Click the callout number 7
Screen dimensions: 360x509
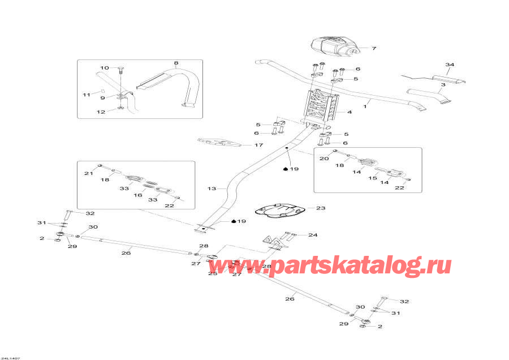[374, 49]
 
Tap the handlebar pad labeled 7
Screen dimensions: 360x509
[334, 46]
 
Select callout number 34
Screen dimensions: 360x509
[450, 65]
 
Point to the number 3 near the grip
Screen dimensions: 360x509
[444, 85]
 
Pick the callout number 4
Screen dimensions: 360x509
[350, 112]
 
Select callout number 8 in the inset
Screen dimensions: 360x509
[176, 63]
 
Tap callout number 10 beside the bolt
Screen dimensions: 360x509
[105, 68]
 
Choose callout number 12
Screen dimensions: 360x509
[101, 112]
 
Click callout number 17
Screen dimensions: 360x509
[258, 145]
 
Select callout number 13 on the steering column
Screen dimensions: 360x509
[212, 188]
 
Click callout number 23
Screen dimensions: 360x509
[321, 208]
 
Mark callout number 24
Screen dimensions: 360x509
[313, 234]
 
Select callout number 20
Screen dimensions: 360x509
[323, 158]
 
